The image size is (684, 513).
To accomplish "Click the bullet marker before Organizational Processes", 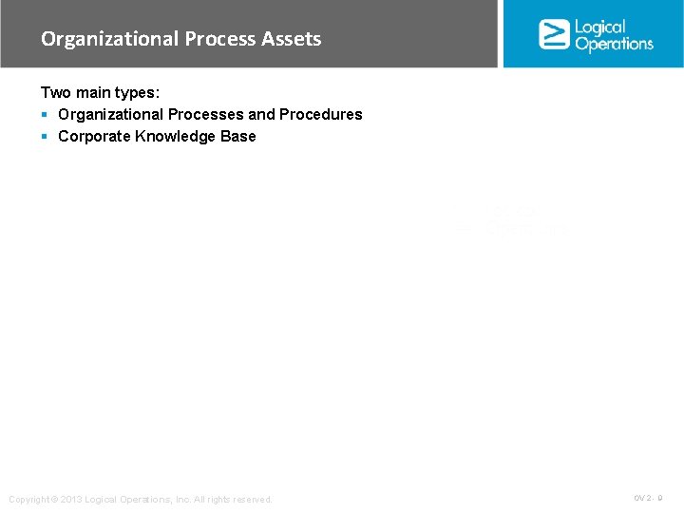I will tap(45, 115).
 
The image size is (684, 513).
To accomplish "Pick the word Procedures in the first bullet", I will tap(320, 114).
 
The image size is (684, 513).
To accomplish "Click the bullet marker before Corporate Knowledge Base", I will tap(45, 137).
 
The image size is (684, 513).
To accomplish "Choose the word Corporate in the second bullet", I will tap(94, 136).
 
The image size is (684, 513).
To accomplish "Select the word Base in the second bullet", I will tap(239, 136).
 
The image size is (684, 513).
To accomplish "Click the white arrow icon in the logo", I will tap(554, 33).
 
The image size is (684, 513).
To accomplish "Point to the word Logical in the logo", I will tap(600, 27).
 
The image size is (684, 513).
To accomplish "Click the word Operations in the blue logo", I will tap(614, 44).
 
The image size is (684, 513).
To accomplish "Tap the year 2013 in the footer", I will tap(71, 500).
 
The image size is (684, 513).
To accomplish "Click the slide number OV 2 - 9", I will tap(648, 498).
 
